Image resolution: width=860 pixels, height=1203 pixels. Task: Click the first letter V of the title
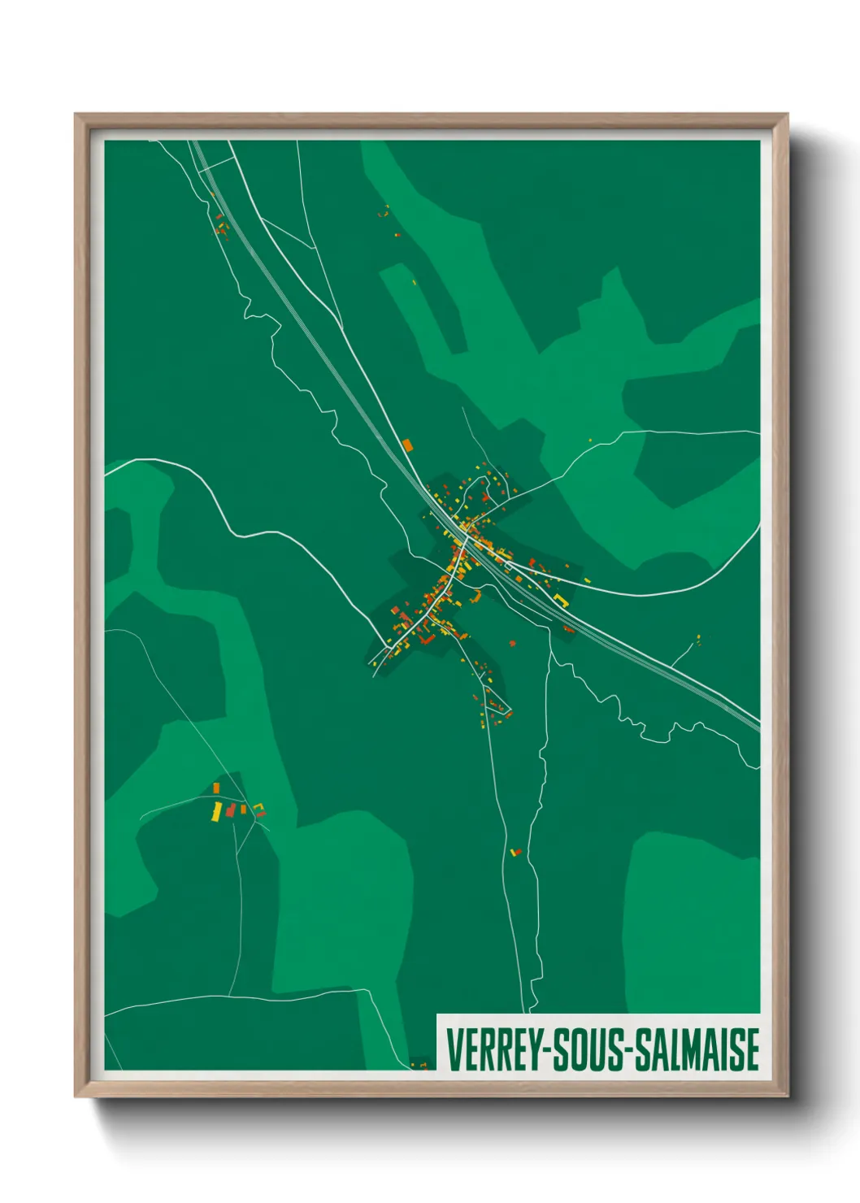point(452,1049)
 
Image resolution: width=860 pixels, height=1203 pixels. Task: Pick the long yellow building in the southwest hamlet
point(217,811)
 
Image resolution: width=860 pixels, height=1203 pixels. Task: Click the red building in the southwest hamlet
point(231,810)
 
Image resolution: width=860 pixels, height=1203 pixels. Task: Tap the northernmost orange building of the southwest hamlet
point(215,788)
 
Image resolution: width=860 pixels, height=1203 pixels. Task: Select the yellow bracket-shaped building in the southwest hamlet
point(260,809)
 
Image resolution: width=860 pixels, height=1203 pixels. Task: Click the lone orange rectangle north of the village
point(408,445)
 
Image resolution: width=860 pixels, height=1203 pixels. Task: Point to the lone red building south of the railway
point(512,644)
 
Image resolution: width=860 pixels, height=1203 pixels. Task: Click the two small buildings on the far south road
point(515,852)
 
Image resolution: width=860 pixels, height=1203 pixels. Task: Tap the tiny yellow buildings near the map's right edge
point(698,639)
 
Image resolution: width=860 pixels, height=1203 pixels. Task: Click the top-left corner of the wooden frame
point(76,115)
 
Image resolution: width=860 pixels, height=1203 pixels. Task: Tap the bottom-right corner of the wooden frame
point(787,1095)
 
